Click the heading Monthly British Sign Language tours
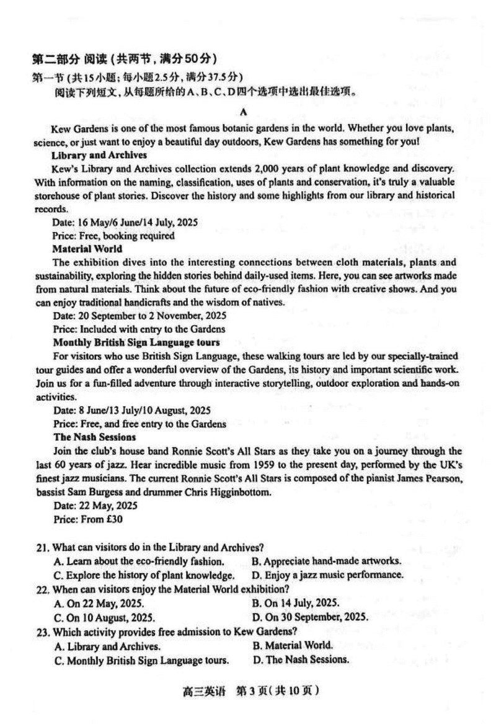pos(136,342)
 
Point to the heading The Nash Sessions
pos(94,437)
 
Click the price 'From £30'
pos(79,519)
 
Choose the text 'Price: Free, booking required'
pos(113,235)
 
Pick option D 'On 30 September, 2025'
pos(310,617)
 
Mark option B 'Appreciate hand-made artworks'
pos(326,561)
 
